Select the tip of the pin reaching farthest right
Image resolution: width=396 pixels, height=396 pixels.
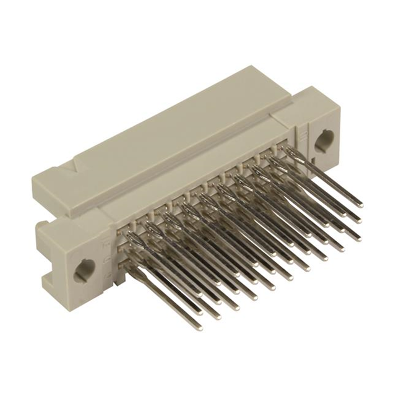coord(361,204)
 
